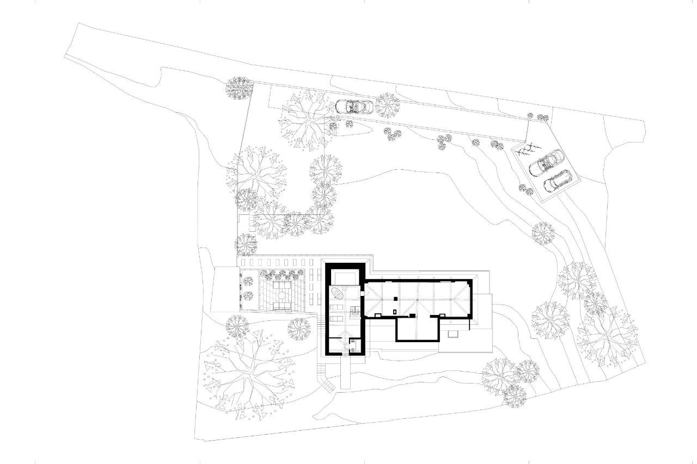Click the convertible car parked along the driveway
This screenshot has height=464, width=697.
(x=354, y=106)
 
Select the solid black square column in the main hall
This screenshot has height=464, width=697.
(x=396, y=299)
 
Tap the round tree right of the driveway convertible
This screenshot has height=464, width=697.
(x=387, y=105)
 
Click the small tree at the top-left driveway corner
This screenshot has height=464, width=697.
(x=238, y=88)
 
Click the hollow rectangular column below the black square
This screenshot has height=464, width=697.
(x=395, y=312)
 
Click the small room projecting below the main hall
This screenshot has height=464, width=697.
(x=417, y=329)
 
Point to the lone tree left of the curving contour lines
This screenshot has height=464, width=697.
(x=543, y=233)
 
